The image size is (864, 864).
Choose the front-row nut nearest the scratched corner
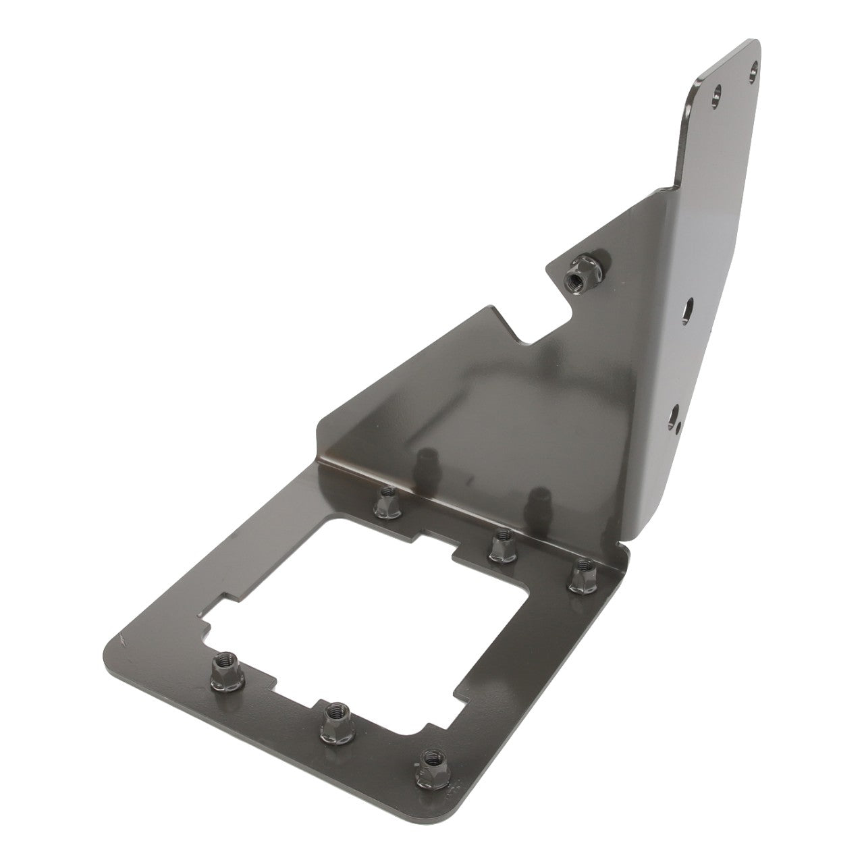223,668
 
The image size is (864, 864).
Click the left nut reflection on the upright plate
425,465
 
